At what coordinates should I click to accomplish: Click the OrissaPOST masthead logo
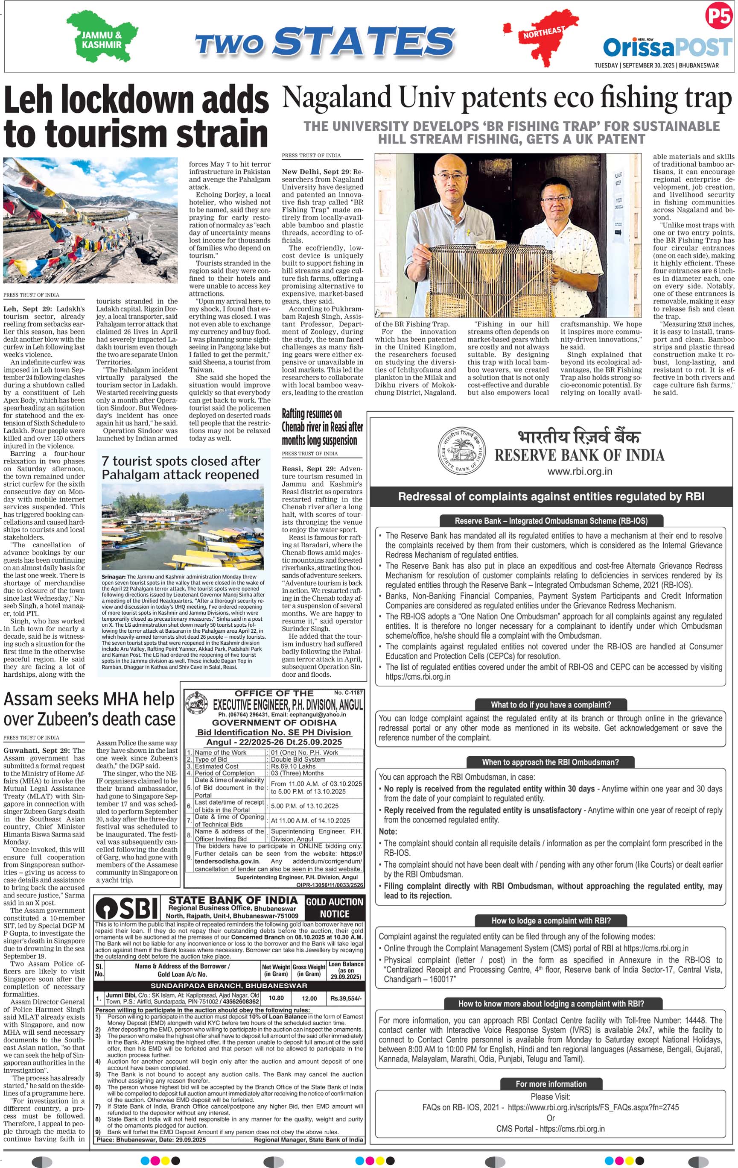(667, 47)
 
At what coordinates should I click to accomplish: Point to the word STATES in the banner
(366, 41)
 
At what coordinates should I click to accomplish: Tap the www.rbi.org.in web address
(580, 471)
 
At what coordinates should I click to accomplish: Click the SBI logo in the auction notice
(127, 908)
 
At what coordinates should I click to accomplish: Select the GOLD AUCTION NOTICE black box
(334, 907)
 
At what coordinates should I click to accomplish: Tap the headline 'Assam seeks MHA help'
(89, 699)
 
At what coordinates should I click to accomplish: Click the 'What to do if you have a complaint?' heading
(551, 704)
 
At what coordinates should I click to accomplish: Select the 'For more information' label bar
(551, 1083)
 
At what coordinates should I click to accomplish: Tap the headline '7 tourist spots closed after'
(181, 461)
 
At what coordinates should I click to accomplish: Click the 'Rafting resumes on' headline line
(312, 414)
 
